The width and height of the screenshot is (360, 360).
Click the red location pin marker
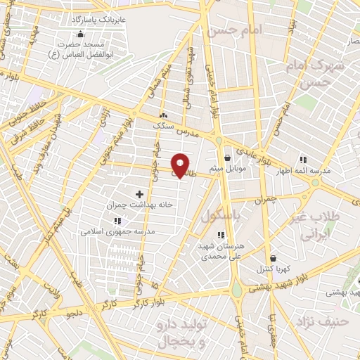[181, 165]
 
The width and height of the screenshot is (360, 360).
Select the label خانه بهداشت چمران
[139, 205]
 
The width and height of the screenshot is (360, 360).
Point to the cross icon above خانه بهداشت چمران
[139, 194]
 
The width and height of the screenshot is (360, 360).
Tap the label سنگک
[165, 124]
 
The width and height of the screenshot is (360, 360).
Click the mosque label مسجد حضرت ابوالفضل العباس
[79, 48]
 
